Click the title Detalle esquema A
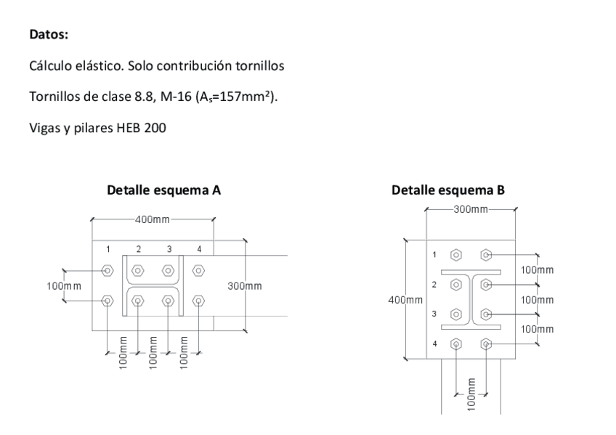click(x=163, y=191)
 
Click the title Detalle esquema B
click(x=448, y=191)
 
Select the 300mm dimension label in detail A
click(x=245, y=286)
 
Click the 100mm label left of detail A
click(x=64, y=285)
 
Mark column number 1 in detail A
click(x=108, y=249)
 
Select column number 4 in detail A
click(x=199, y=249)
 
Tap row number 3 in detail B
click(x=434, y=314)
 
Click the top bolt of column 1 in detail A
click(x=108, y=270)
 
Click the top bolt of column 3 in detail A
click(x=169, y=270)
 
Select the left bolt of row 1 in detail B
click(x=455, y=255)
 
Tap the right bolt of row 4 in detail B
click(x=486, y=344)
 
